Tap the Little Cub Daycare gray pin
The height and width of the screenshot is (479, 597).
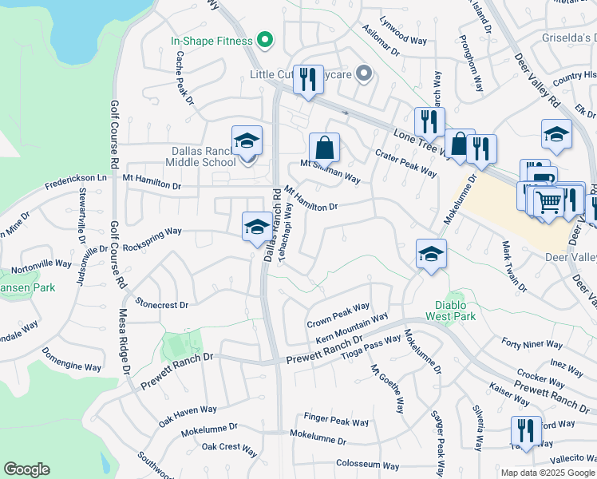tap(364, 74)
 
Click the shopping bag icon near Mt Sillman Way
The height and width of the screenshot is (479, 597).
tap(324, 148)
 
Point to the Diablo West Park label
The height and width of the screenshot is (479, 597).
tap(455, 311)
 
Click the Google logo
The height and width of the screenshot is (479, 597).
tap(26, 469)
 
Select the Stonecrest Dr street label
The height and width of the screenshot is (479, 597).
tap(162, 304)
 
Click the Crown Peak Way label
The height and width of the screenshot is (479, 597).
tap(338, 313)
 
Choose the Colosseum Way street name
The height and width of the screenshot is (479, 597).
tap(367, 465)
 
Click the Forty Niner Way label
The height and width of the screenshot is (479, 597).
tap(532, 345)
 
